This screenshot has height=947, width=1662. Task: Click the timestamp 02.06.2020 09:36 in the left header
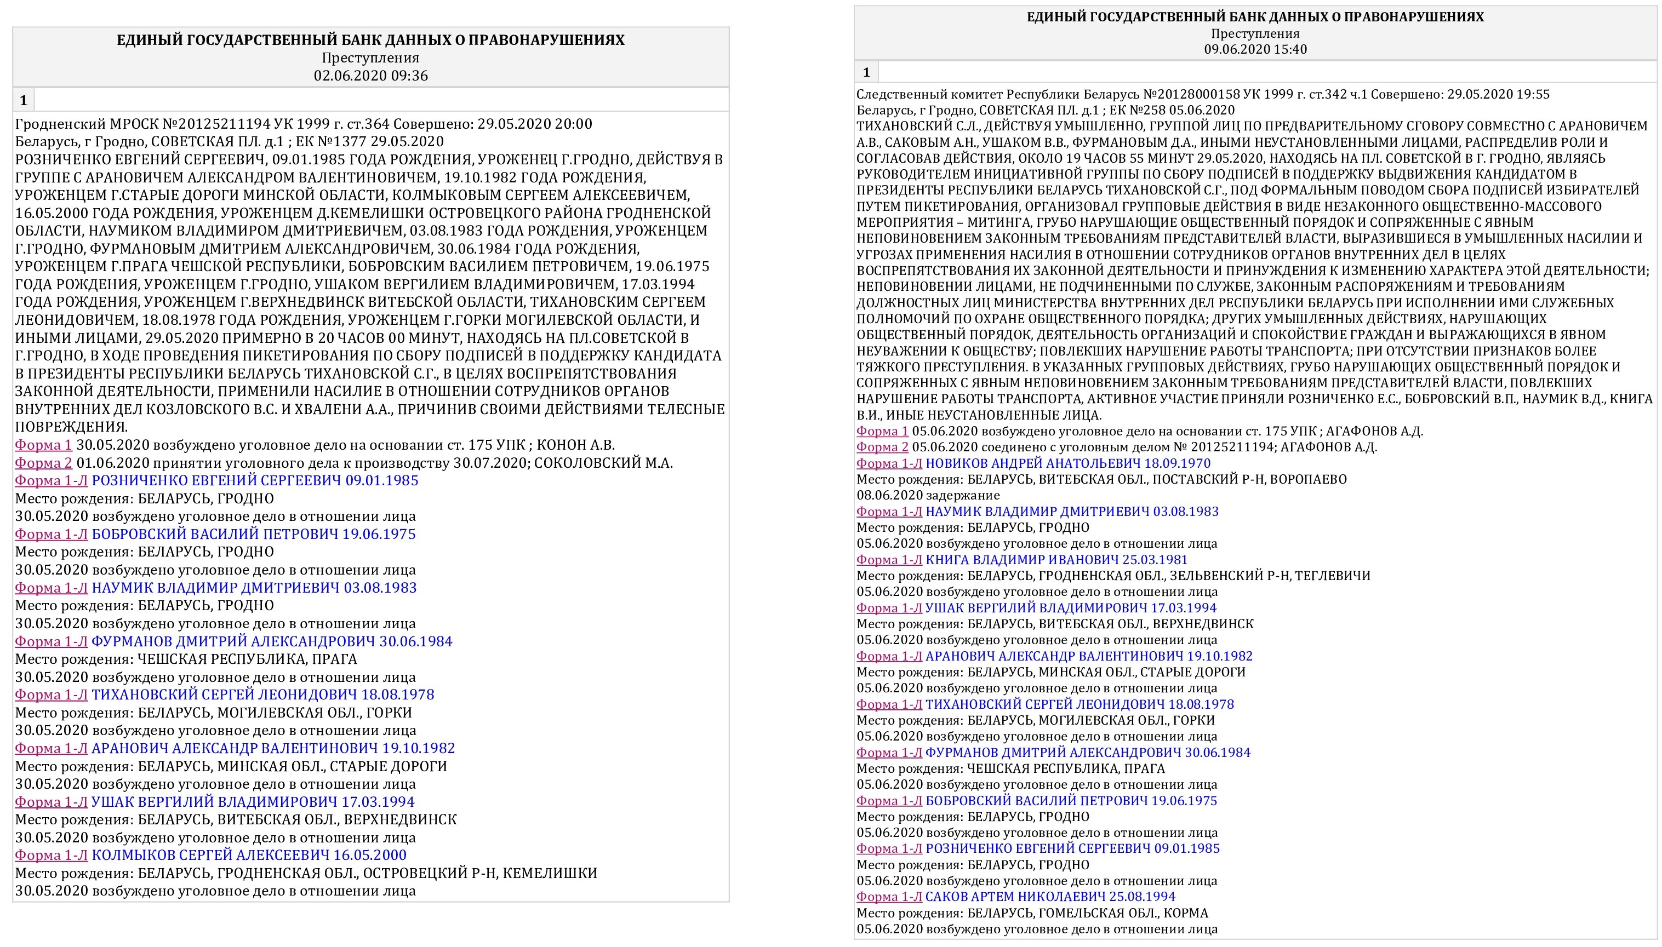370,76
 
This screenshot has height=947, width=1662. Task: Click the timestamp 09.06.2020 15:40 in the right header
1255,49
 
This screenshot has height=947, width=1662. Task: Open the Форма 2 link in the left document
43,463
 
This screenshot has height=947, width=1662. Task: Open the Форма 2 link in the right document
882,447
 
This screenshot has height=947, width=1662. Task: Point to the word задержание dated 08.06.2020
963,495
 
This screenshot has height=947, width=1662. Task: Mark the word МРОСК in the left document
133,124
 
